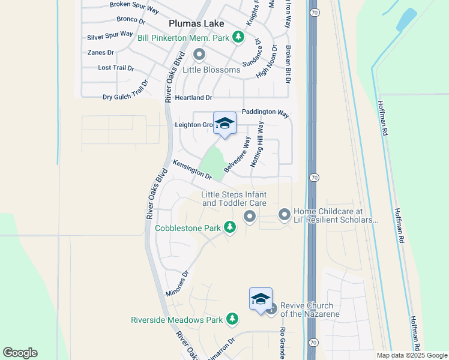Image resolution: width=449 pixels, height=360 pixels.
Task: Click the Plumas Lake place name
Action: click(x=196, y=23)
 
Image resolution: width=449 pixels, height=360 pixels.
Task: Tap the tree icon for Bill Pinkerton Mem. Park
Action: click(x=238, y=37)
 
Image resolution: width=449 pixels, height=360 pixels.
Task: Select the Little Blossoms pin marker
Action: click(x=199, y=55)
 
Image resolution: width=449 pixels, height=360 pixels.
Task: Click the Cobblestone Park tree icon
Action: click(x=229, y=227)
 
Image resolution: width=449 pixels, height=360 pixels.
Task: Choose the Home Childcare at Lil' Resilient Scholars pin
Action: click(x=284, y=214)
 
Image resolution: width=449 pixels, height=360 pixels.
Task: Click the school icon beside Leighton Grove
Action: click(x=224, y=124)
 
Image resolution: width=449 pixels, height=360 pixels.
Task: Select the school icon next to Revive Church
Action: click(x=261, y=299)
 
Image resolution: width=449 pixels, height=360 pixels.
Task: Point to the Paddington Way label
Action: click(x=265, y=113)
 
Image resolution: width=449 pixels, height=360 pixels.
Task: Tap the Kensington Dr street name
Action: click(x=192, y=170)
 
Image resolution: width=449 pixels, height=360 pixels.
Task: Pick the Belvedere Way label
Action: click(x=238, y=154)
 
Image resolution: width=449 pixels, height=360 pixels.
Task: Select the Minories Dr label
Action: click(x=176, y=283)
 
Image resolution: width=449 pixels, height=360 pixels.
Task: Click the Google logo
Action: click(x=20, y=353)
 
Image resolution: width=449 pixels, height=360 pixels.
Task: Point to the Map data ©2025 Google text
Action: click(x=412, y=355)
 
